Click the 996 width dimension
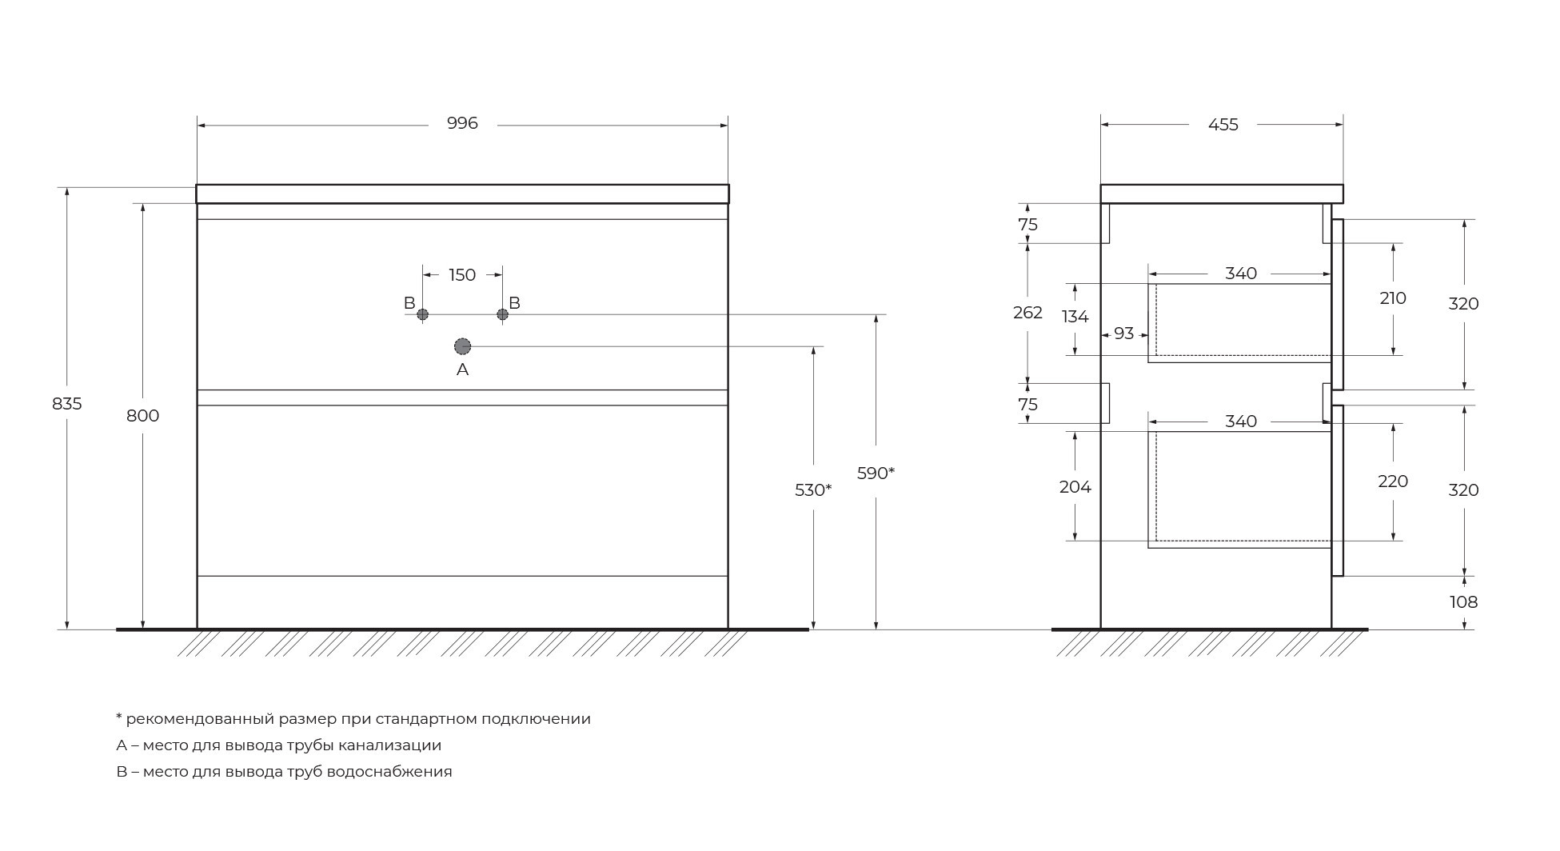coord(462,123)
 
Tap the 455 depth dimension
coord(1223,125)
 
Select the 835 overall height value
coord(67,404)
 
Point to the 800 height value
coord(143,416)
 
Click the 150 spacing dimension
coord(462,275)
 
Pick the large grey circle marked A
coord(462,346)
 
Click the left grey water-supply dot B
coord(422,314)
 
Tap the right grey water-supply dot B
coord(502,314)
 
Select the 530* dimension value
coord(813,490)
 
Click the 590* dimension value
coord(876,473)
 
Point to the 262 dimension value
coord(1027,313)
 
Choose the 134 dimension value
coord(1075,317)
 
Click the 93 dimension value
coord(1124,334)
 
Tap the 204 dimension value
coord(1075,487)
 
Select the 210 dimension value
coord(1393,298)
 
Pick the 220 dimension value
coord(1393,481)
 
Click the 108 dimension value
coord(1464,602)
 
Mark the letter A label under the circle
coord(462,370)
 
